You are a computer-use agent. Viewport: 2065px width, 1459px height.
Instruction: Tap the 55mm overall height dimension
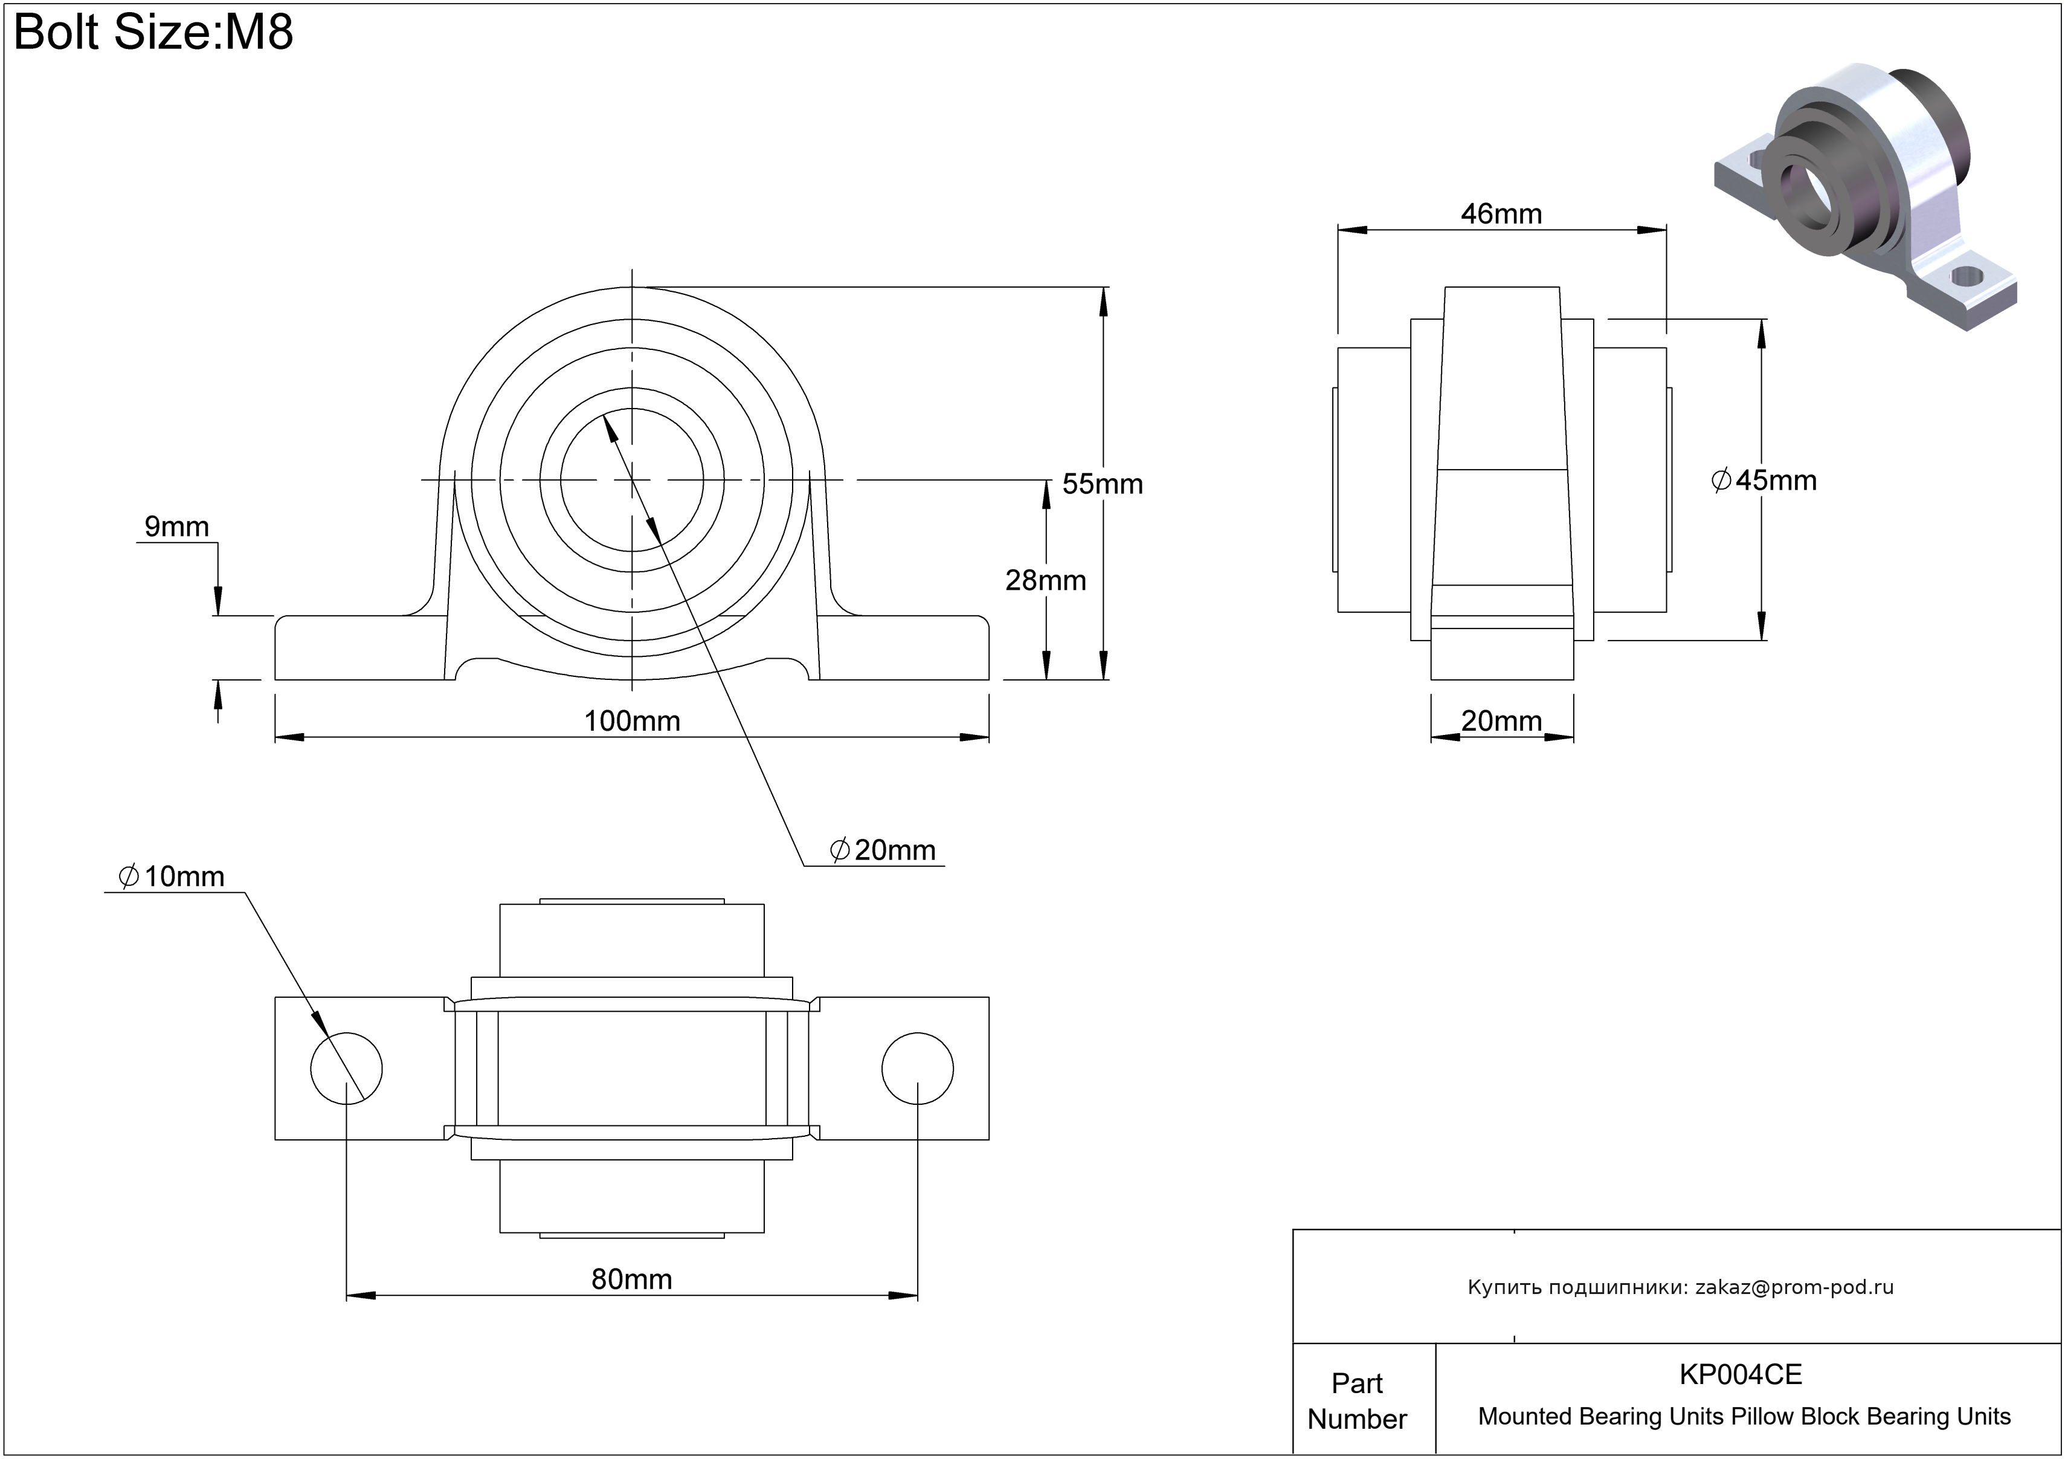coord(1102,484)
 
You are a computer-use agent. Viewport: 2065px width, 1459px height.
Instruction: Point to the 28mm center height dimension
coord(1045,580)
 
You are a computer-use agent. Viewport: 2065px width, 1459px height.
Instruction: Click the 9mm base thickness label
coord(176,526)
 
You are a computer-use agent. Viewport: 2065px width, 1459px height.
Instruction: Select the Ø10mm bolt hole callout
coord(171,876)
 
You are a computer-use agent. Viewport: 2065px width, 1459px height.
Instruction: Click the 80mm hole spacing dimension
coord(631,1279)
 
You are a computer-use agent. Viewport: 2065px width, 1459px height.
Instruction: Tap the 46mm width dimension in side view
coord(1501,214)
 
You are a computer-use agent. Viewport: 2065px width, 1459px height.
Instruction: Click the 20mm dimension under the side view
coord(1501,720)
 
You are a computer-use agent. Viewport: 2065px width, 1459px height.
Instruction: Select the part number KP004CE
coord(1741,1374)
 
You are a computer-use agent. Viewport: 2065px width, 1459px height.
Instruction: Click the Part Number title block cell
coord(1356,1400)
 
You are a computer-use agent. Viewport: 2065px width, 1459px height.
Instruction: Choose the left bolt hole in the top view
coord(346,1069)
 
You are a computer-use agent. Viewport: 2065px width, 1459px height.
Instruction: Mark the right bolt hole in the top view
coord(917,1069)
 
